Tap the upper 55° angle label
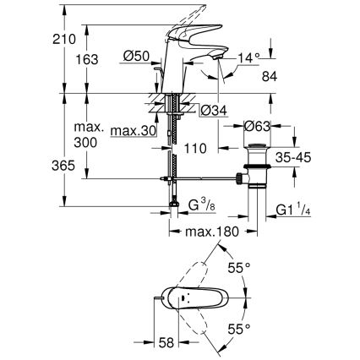pos(241,268)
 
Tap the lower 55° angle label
pos(241,328)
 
